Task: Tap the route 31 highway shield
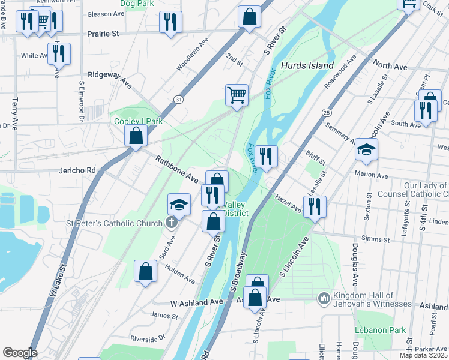click(x=179, y=99)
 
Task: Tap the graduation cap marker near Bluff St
click(x=366, y=150)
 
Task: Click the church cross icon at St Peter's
click(x=171, y=223)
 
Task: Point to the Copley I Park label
click(x=139, y=121)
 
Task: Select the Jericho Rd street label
click(x=77, y=170)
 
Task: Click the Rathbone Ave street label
click(x=176, y=169)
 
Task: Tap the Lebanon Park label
click(x=380, y=330)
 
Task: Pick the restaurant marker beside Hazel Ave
click(x=315, y=207)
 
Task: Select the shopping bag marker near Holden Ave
click(x=145, y=271)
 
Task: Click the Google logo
click(x=20, y=353)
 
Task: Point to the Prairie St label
click(x=103, y=34)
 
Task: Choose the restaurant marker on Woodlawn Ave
click(x=170, y=22)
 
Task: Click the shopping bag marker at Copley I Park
click(x=136, y=135)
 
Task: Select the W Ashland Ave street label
click(x=196, y=303)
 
